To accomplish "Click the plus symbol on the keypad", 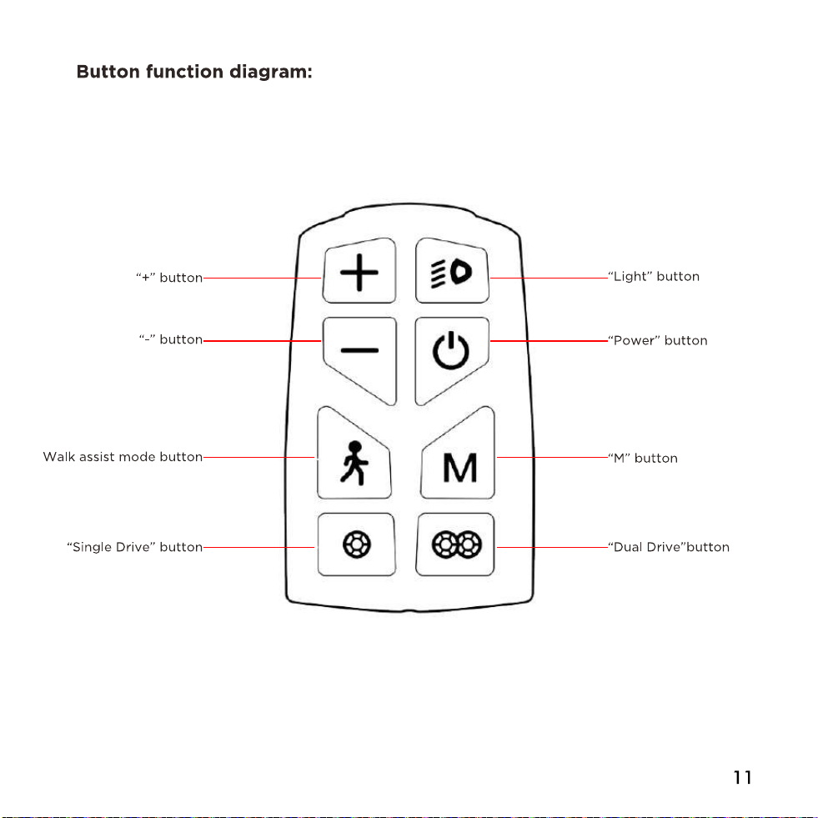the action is pyautogui.click(x=359, y=273).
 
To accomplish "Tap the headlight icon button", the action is pyautogui.click(x=452, y=271).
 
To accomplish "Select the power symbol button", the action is pyautogui.click(x=452, y=360).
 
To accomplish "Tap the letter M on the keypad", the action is pyautogui.click(x=459, y=468).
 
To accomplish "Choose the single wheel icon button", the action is pyautogui.click(x=356, y=544).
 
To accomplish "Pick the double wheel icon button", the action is pyautogui.click(x=455, y=544).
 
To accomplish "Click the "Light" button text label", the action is pyautogui.click(x=654, y=277).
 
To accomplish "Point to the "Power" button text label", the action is pyautogui.click(x=658, y=341).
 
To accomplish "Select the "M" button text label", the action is pyautogui.click(x=643, y=458).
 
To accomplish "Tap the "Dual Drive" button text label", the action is pyautogui.click(x=669, y=547).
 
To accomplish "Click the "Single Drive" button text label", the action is pyautogui.click(x=134, y=547).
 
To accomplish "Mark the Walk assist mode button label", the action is pyautogui.click(x=123, y=457).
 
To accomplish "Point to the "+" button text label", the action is pyautogui.click(x=169, y=278).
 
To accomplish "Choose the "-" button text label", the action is pyautogui.click(x=171, y=339).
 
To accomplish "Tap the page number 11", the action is pyautogui.click(x=742, y=778).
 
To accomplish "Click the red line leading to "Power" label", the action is pyautogui.click(x=549, y=341).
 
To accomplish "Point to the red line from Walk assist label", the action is pyautogui.click(x=258, y=458).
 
